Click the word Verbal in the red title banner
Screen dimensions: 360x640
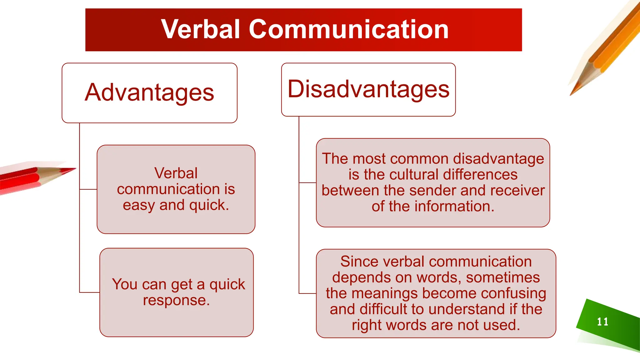click(x=200, y=29)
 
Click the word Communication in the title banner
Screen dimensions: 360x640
click(x=348, y=29)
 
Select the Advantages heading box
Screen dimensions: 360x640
click(x=149, y=93)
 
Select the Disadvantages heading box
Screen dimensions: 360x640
click(x=368, y=89)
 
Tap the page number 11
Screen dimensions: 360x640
click(x=602, y=322)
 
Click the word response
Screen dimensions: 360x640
click(x=176, y=300)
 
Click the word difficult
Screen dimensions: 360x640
click(x=384, y=309)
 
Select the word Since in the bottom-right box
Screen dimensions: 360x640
click(x=356, y=262)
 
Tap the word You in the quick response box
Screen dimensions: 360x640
click(x=125, y=284)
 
